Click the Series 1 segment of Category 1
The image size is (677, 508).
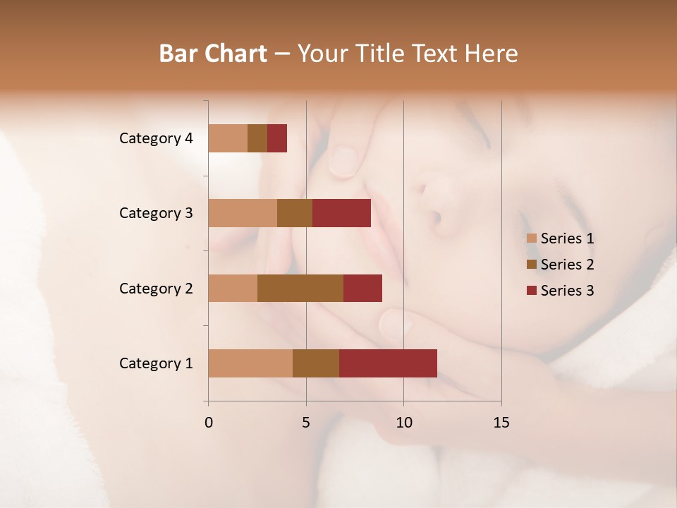coord(250,363)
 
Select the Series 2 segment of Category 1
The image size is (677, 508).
coord(316,363)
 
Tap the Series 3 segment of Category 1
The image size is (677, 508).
coord(388,363)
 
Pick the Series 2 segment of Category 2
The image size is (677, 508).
coord(300,288)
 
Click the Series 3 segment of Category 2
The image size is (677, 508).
coord(362,288)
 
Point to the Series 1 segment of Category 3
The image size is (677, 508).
coord(243,213)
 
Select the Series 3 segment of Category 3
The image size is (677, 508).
coord(341,213)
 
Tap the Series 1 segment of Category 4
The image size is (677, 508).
coord(228,138)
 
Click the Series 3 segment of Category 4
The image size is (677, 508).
coord(277,138)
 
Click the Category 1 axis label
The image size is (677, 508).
coord(155,363)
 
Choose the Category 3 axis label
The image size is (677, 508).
coord(155,213)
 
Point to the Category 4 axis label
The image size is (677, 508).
coord(155,138)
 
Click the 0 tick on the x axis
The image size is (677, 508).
coord(209,423)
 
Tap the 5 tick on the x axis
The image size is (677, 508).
coord(306,423)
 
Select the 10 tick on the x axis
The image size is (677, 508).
coord(403,423)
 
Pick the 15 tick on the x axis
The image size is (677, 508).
coord(501,423)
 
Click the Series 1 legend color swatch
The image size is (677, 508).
coord(531,238)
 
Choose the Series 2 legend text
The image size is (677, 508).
coord(567,265)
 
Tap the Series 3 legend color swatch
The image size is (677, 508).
coord(531,291)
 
